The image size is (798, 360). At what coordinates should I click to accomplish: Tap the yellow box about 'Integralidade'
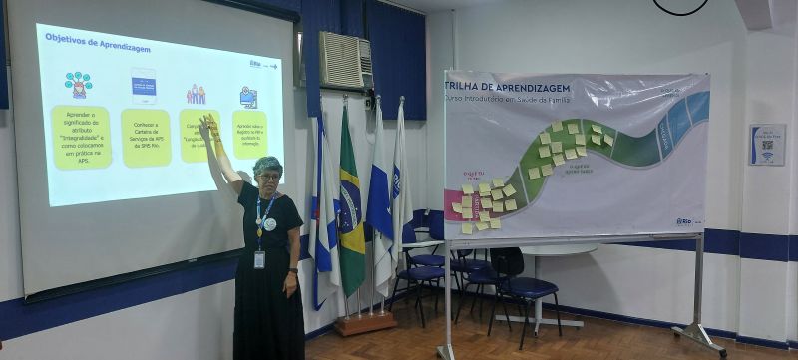81,137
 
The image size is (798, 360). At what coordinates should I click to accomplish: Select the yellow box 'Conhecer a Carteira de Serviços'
146,137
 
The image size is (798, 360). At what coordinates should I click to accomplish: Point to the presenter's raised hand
209,125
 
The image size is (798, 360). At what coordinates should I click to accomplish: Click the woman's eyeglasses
269,177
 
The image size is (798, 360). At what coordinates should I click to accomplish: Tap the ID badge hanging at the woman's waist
259,259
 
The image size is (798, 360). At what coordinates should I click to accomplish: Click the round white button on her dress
270,224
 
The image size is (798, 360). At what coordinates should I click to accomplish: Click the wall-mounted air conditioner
345,60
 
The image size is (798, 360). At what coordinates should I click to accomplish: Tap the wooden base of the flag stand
365,323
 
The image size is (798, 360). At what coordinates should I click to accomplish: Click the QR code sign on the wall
766,145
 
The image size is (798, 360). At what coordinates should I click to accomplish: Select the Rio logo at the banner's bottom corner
683,221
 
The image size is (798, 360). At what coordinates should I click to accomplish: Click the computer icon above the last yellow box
248,97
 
